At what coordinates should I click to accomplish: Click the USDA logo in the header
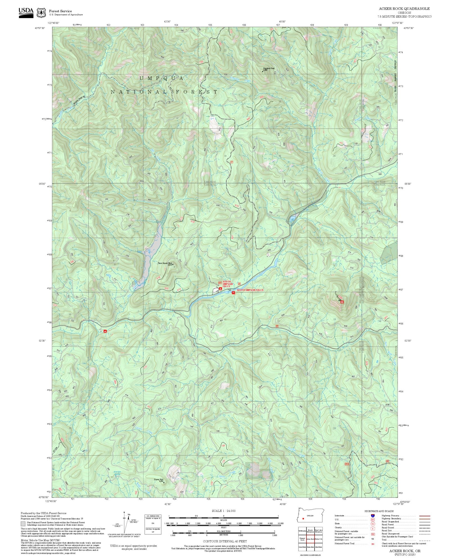click(26, 13)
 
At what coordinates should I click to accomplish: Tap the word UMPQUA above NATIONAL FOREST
click(162, 78)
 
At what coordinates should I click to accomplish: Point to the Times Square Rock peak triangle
click(173, 264)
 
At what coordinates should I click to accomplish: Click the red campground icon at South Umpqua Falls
click(220, 289)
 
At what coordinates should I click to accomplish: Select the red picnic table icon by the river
click(233, 293)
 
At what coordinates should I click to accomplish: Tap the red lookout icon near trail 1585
click(342, 302)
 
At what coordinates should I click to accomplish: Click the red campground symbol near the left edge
click(105, 331)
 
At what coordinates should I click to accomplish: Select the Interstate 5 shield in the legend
click(373, 516)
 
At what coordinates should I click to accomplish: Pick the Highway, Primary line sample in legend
click(424, 516)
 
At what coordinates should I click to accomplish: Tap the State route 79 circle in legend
click(373, 524)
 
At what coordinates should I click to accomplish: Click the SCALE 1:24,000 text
click(224, 511)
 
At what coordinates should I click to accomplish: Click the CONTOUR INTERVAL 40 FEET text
click(225, 541)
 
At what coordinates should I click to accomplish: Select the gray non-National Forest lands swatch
click(23, 523)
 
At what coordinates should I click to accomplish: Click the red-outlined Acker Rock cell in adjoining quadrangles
click(310, 539)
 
